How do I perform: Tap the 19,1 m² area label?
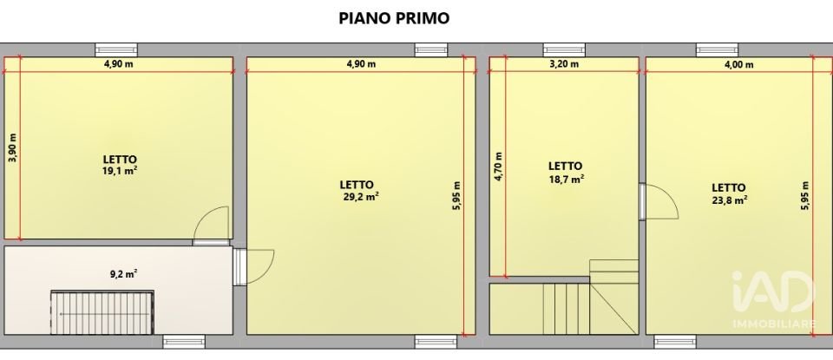click(120, 171)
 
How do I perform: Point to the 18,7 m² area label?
click(566, 178)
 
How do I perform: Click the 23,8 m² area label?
click(731, 199)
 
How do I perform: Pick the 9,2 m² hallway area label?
click(124, 274)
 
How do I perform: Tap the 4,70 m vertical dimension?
click(498, 167)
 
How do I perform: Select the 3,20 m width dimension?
click(565, 63)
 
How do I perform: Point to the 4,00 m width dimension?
click(731, 63)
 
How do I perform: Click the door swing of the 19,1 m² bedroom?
click(212, 225)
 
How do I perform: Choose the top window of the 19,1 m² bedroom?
click(115, 50)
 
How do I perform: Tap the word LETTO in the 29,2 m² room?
click(356, 185)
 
